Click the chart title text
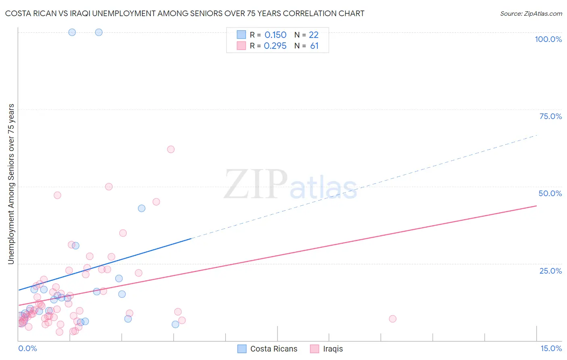[185, 13]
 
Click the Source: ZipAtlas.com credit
[531, 13]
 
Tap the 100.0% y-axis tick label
[548, 39]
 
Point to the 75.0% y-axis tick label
[550, 116]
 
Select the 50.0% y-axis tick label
[550, 193]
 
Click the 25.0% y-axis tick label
[550, 270]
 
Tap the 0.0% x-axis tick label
[27, 348]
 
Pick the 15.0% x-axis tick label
[551, 348]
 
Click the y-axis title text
[11, 184]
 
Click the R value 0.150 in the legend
[275, 35]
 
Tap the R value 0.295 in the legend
[275, 46]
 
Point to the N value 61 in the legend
[314, 46]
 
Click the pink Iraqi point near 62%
[171, 149]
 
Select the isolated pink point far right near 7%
[392, 319]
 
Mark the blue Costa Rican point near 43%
[142, 208]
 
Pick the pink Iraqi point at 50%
[108, 186]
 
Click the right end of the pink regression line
[536, 206]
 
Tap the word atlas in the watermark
[323, 188]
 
